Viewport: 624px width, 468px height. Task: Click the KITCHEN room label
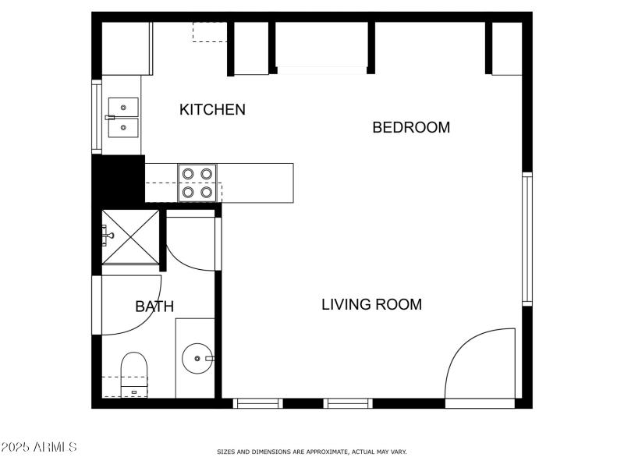(x=212, y=110)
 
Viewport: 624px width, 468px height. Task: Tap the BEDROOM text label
(x=411, y=128)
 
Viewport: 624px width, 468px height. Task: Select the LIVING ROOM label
(x=371, y=305)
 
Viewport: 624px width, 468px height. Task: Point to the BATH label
(x=154, y=307)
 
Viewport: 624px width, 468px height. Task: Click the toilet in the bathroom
(x=134, y=373)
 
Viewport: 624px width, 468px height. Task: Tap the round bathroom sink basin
(x=197, y=359)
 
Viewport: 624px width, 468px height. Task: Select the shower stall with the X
(x=130, y=237)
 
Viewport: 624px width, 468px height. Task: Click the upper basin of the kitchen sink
(x=123, y=106)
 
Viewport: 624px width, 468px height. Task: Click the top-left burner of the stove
(x=188, y=174)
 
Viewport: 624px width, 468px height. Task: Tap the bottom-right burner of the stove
(x=206, y=191)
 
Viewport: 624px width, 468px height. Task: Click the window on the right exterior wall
(x=527, y=238)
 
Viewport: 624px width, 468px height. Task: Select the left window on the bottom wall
(x=258, y=403)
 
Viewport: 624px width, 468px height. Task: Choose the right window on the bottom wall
(x=348, y=403)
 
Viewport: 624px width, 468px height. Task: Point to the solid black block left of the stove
(x=118, y=179)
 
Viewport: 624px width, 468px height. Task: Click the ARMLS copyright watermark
(x=39, y=448)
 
